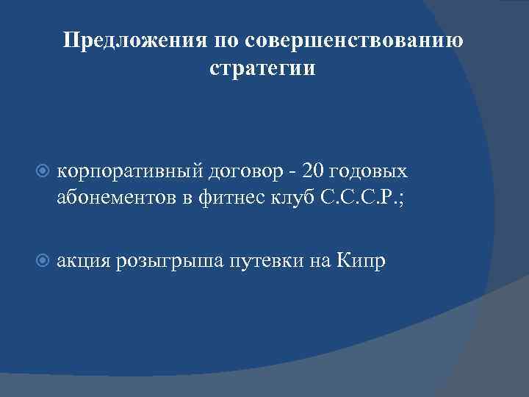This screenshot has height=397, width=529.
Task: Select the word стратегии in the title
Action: tap(262, 70)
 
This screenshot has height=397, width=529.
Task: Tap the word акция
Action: tap(82, 260)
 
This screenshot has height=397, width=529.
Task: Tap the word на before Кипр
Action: tap(324, 260)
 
